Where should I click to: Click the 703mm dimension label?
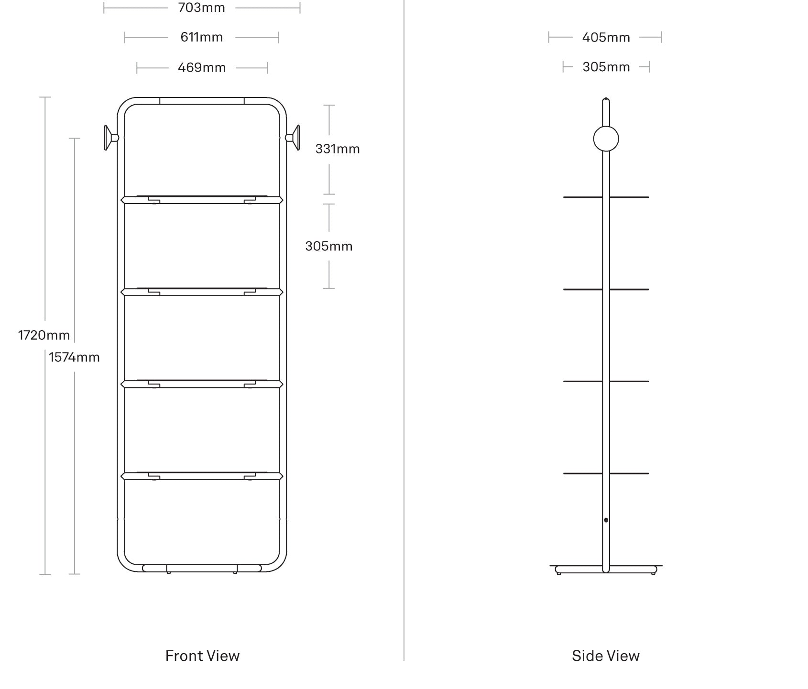click(201, 8)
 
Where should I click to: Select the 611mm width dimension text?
click(201, 37)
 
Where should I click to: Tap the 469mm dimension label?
click(202, 67)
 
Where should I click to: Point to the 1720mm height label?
click(44, 335)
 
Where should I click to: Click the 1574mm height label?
click(74, 357)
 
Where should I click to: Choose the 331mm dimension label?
click(338, 149)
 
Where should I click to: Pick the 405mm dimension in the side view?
click(606, 37)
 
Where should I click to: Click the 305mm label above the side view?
click(606, 67)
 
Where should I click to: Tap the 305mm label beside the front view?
click(329, 246)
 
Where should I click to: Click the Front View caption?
click(202, 656)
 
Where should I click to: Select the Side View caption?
click(606, 656)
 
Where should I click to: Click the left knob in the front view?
click(110, 138)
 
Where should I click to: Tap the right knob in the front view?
click(293, 138)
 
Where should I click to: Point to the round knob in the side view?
click(606, 139)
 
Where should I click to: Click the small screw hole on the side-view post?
click(606, 520)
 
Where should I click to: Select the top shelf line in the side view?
click(606, 197)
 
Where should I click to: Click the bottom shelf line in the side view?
click(606, 474)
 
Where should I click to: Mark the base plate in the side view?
click(606, 569)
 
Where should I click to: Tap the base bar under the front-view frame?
click(202, 568)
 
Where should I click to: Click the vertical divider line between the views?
click(404, 330)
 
